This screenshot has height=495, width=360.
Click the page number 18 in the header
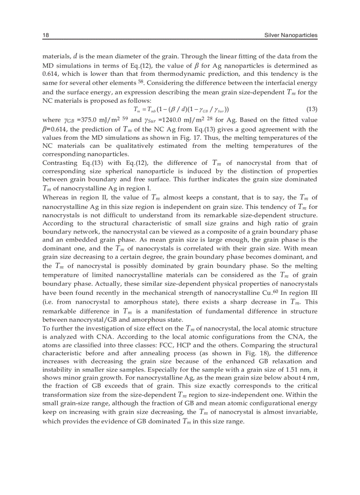pyautogui.click(x=45, y=35)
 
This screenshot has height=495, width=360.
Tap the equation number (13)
pyautogui.click(x=311, y=109)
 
